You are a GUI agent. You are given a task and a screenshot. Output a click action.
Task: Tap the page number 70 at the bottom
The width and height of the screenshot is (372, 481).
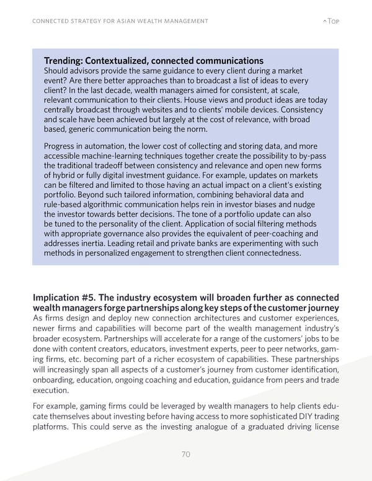point(185,454)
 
